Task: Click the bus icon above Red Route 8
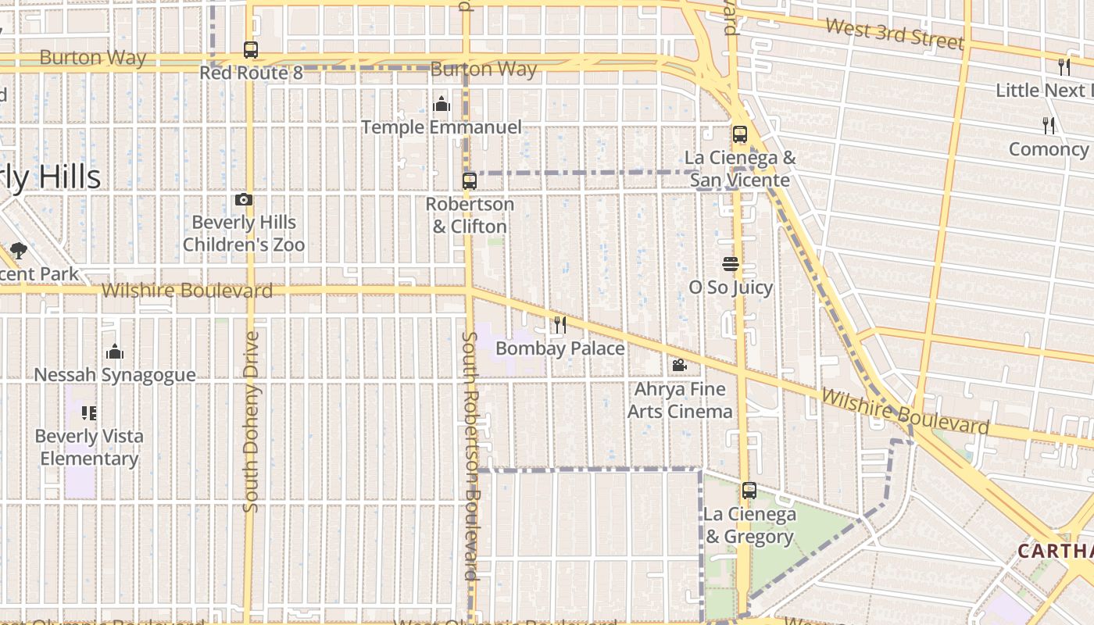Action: pyautogui.click(x=250, y=50)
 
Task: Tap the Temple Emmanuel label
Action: pyautogui.click(x=442, y=127)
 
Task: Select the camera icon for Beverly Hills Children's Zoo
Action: pyautogui.click(x=244, y=200)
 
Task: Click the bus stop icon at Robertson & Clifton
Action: pyautogui.click(x=469, y=181)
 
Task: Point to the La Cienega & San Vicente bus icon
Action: pyautogui.click(x=740, y=134)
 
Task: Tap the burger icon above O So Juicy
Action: pyautogui.click(x=731, y=265)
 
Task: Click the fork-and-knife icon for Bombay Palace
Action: pyautogui.click(x=560, y=324)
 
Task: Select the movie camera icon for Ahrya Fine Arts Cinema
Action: pyautogui.click(x=679, y=365)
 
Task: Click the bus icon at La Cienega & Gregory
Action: pyautogui.click(x=749, y=491)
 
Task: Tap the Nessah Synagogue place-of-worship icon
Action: pyautogui.click(x=115, y=352)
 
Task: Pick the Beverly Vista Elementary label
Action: pyautogui.click(x=89, y=447)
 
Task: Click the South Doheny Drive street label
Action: pyautogui.click(x=251, y=422)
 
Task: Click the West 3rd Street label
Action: pyautogui.click(x=894, y=34)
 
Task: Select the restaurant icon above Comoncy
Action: pyautogui.click(x=1049, y=125)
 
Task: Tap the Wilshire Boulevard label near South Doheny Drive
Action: pyautogui.click(x=187, y=291)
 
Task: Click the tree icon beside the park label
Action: pyautogui.click(x=19, y=251)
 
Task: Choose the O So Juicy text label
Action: pyautogui.click(x=731, y=287)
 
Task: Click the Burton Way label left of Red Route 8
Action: pyautogui.click(x=92, y=58)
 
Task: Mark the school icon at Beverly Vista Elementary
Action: pyautogui.click(x=89, y=412)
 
